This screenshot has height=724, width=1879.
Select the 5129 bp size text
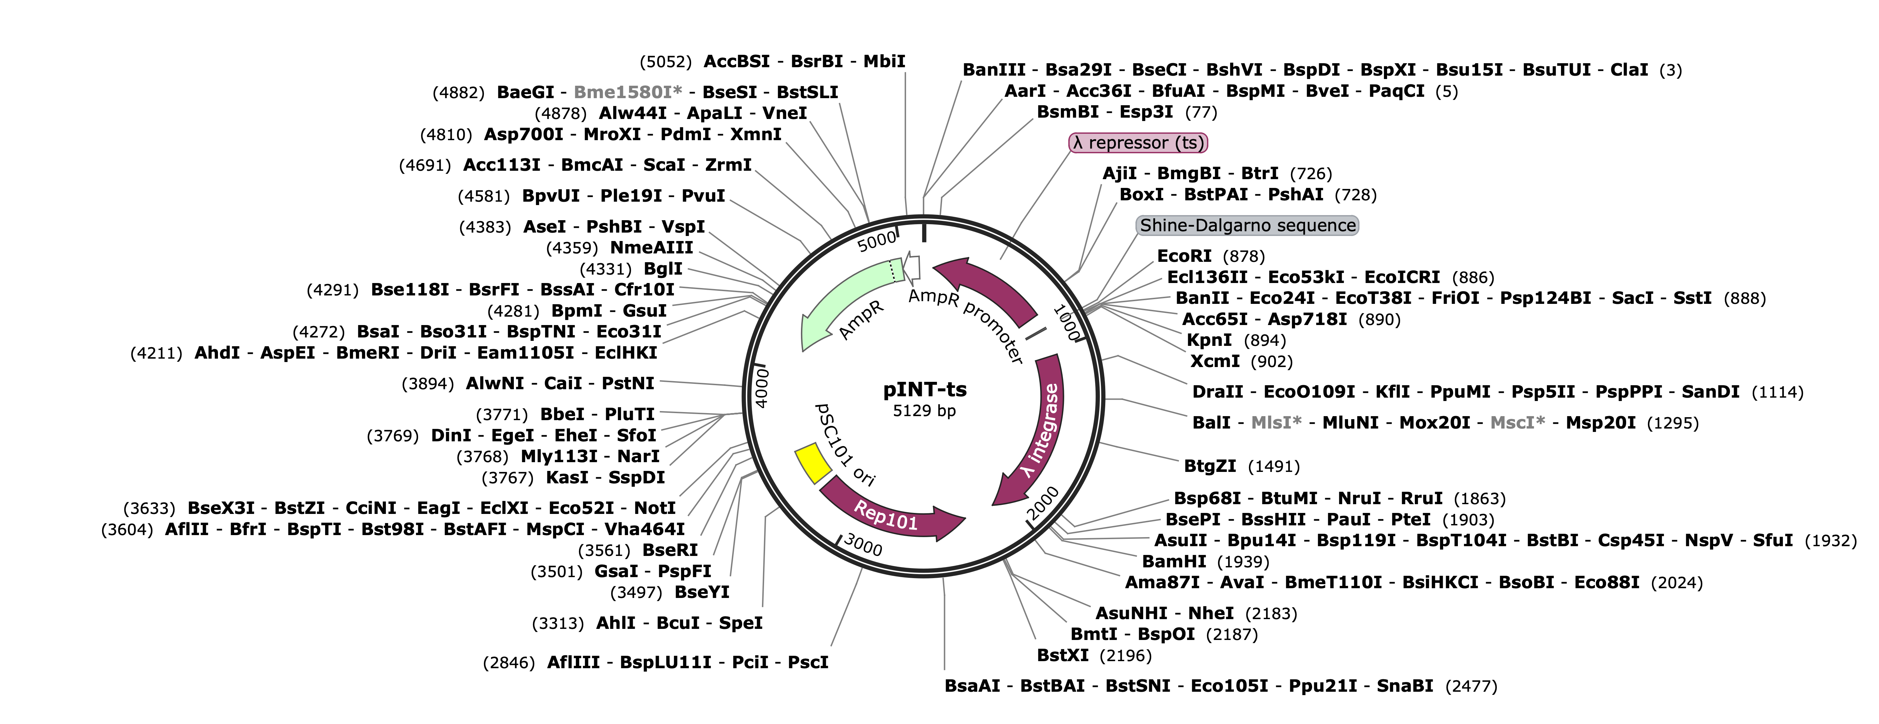924,411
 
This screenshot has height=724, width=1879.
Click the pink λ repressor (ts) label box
1138,143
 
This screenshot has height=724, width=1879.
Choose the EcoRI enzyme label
1184,256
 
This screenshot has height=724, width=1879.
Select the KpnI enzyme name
1209,340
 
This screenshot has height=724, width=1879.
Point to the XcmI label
1214,361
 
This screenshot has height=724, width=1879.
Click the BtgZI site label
1209,467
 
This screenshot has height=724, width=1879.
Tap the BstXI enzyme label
1062,655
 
